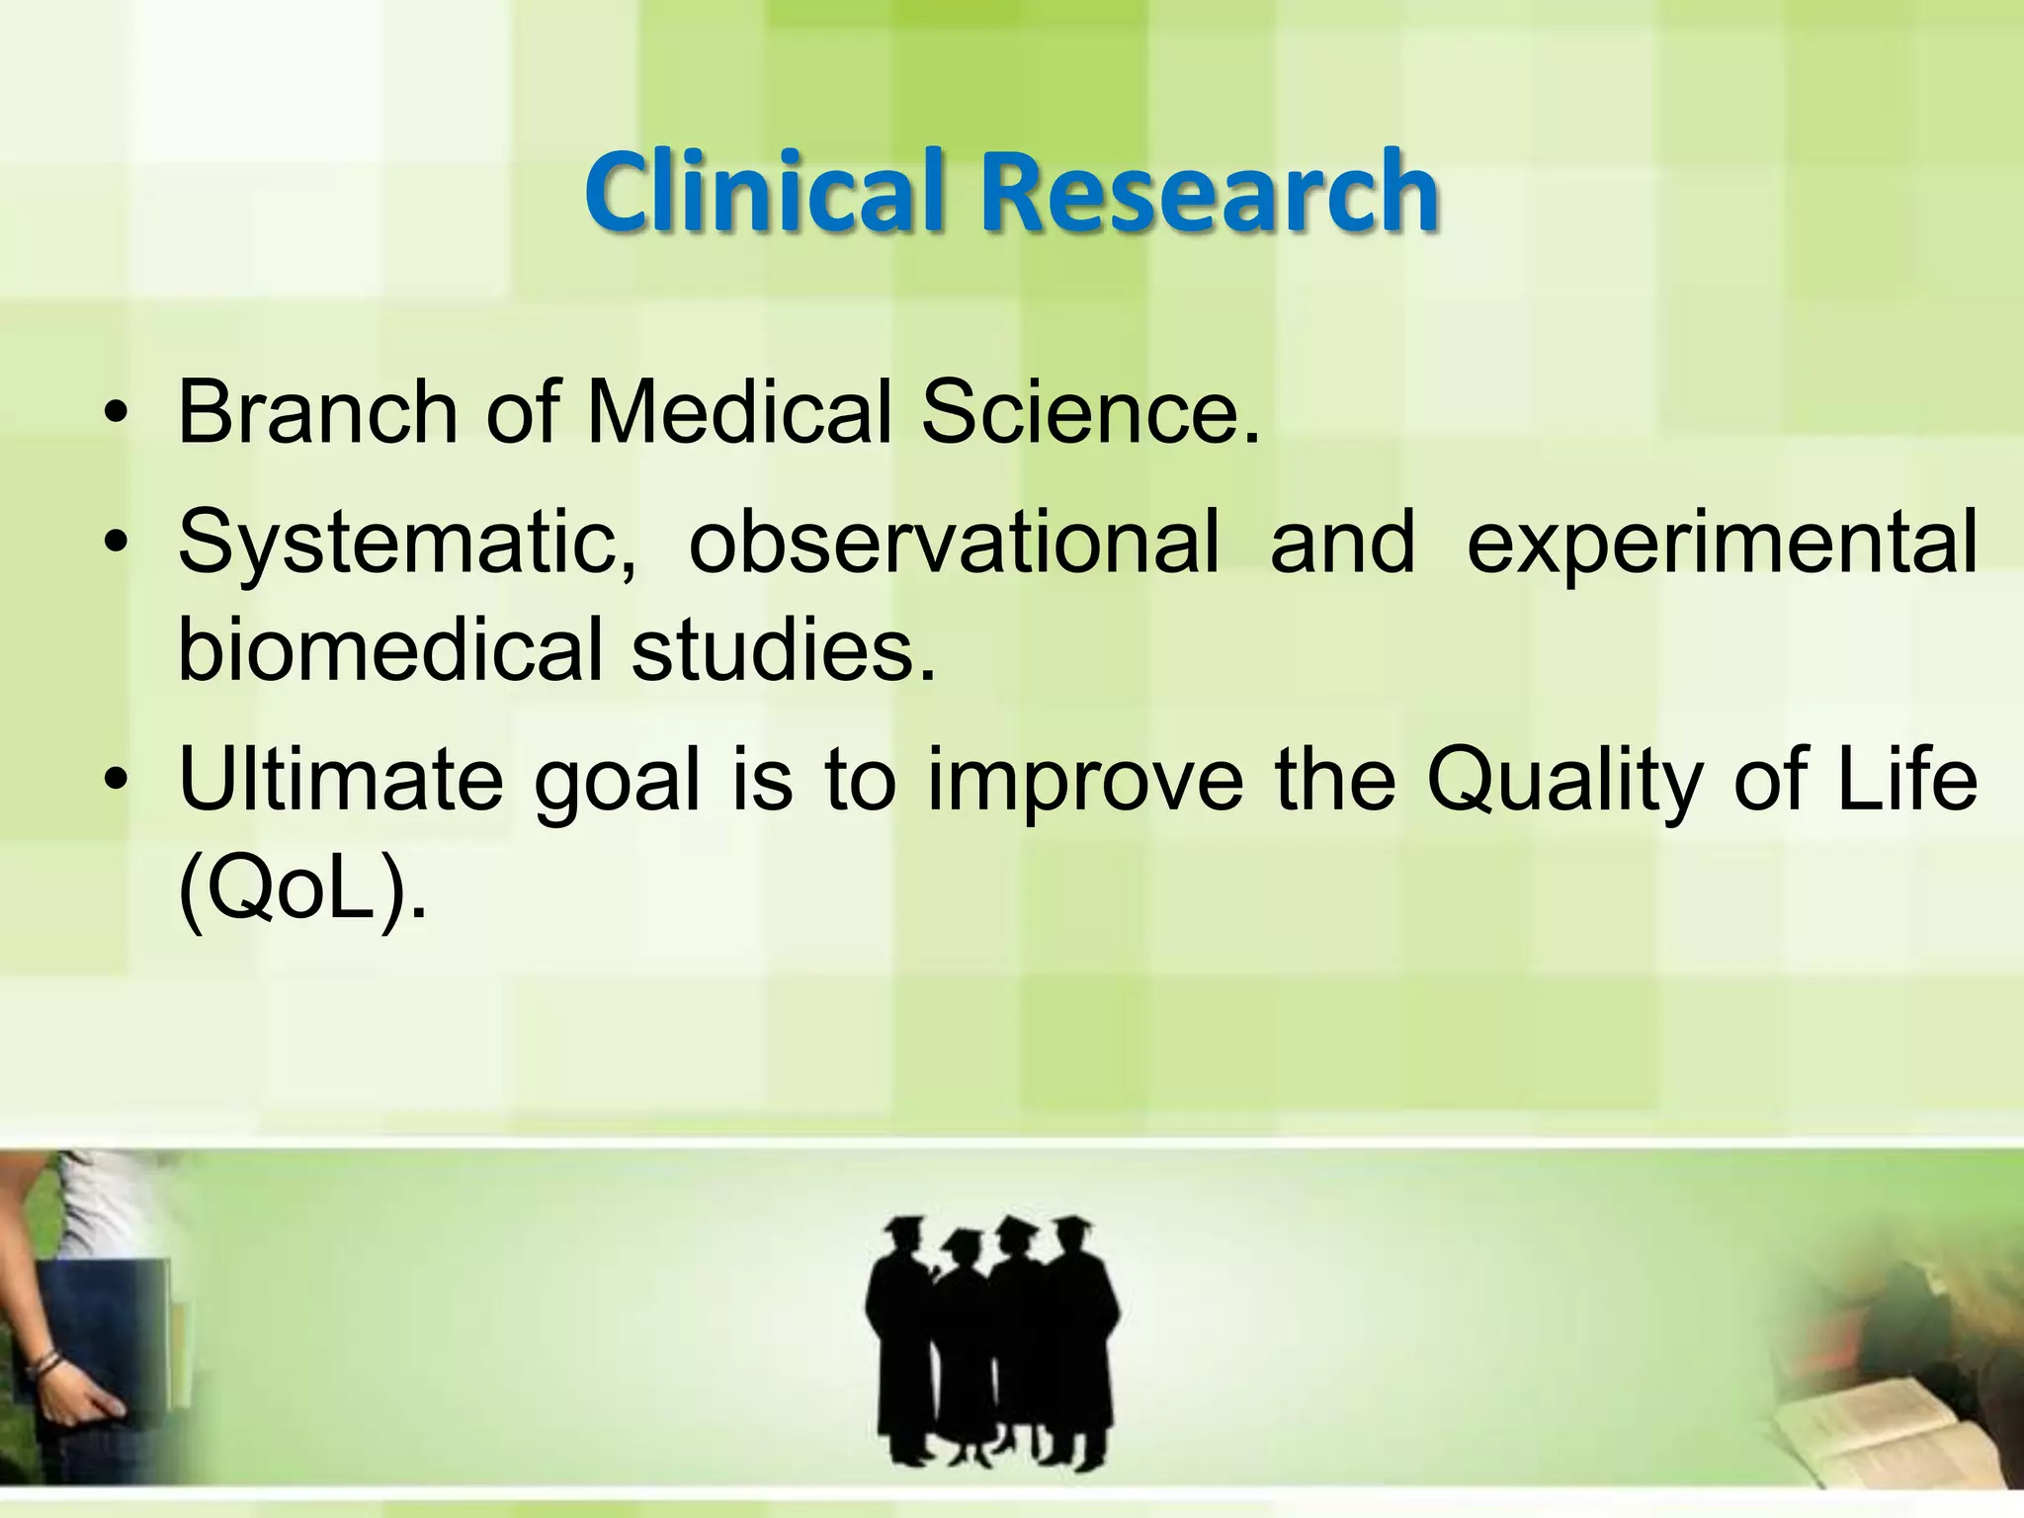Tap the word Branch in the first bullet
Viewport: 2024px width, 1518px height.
[x=316, y=412]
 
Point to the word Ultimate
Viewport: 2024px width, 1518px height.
[x=340, y=781]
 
